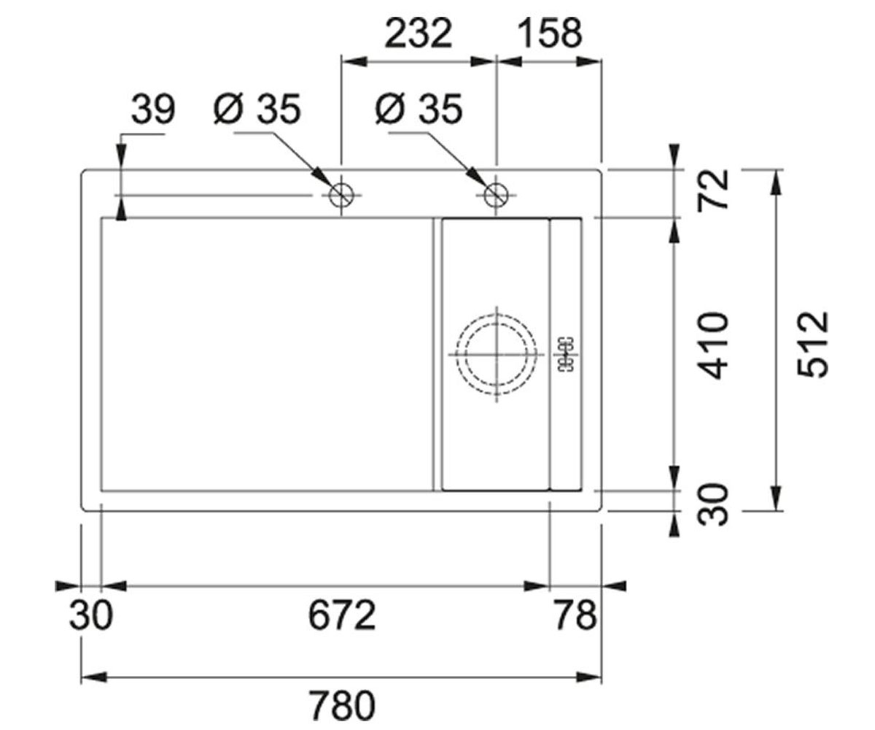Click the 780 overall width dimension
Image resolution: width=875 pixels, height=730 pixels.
343,705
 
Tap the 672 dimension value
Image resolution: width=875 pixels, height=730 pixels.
342,615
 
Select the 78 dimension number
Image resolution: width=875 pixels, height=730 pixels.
575,615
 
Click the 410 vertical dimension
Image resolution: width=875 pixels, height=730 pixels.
712,345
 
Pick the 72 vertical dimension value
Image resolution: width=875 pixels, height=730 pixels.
712,189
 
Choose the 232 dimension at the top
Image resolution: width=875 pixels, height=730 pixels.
419,33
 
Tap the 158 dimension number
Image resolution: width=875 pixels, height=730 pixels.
551,33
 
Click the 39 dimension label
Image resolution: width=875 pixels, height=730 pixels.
153,109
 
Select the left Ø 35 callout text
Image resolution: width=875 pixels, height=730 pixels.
257,109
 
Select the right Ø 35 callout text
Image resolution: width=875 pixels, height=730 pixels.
419,109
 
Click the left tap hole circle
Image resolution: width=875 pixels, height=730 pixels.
341,184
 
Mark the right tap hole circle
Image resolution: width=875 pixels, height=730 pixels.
496,184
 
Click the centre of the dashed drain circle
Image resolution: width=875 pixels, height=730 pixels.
497,355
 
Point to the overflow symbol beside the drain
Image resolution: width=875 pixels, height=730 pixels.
566,355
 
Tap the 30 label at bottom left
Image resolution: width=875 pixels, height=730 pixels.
91,615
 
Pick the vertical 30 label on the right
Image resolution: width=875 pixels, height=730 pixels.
712,504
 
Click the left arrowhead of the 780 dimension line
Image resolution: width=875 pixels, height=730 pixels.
94,677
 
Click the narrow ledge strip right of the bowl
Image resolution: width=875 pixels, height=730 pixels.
566,355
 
